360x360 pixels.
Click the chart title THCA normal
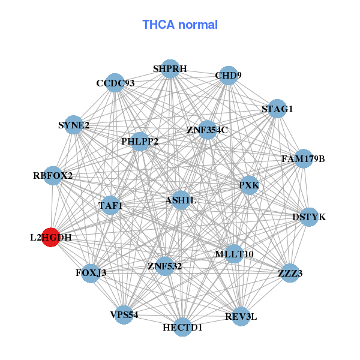[x=180, y=25]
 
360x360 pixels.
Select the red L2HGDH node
[x=51, y=237]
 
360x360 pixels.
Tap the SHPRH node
[x=170, y=69]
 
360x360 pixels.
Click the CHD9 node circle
[x=228, y=76]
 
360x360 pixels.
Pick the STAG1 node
[x=277, y=109]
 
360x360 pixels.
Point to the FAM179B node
[x=304, y=159]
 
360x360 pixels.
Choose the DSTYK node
[x=308, y=217]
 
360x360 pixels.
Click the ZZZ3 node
[x=290, y=273]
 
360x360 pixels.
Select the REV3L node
[x=241, y=316]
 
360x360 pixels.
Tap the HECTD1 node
[x=183, y=327]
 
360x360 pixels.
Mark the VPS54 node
[x=124, y=314]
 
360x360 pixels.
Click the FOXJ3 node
[x=91, y=273]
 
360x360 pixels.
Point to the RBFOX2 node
[x=53, y=176]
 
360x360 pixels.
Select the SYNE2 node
[x=74, y=125]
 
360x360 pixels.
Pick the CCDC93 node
[x=115, y=83]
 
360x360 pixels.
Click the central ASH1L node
[x=181, y=199]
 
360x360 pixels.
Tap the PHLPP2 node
[x=140, y=142]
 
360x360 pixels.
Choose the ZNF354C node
[x=207, y=130]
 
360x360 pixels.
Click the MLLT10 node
[x=234, y=254]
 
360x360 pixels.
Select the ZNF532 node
[x=165, y=265]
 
